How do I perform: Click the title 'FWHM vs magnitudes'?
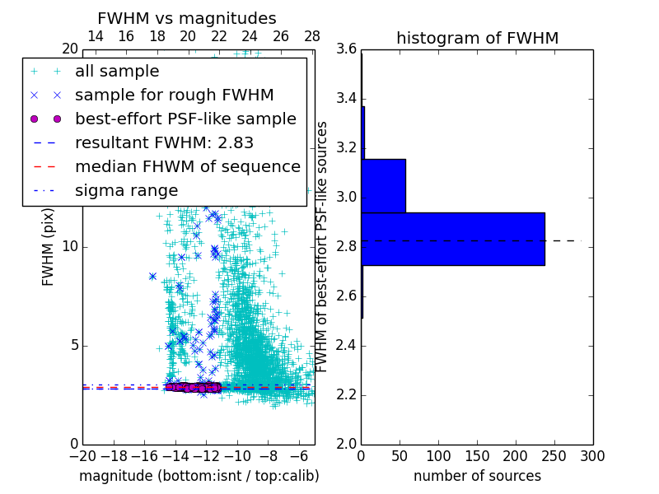point(187,18)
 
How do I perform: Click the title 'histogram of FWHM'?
point(477,38)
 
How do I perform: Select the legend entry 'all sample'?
point(117,72)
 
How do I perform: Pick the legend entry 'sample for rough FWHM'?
point(174,96)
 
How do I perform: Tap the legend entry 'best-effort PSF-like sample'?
point(185,119)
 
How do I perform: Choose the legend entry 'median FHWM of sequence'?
point(187,167)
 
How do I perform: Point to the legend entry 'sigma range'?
point(126,191)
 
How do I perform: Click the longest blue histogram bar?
point(452,239)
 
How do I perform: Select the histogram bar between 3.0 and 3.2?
point(383,185)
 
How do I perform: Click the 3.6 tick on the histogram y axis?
point(345,49)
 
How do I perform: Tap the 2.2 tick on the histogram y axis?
point(345,394)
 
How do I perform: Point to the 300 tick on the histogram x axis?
point(592,455)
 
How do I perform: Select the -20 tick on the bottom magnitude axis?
point(82,455)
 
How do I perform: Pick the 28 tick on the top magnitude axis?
point(312,37)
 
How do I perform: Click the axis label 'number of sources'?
point(477,476)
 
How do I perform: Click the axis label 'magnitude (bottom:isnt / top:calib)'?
point(199,476)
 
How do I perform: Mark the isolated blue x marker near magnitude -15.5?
point(152,277)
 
